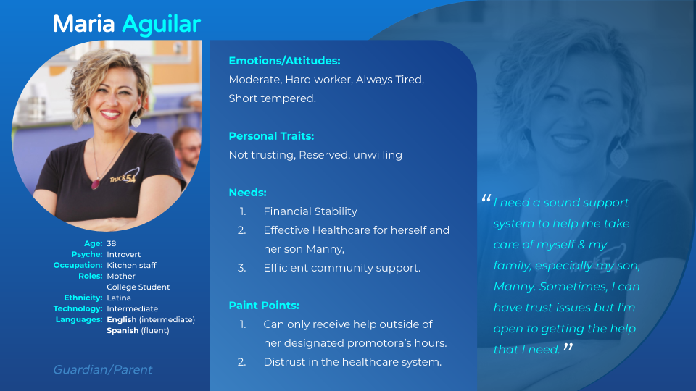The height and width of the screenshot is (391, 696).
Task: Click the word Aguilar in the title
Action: coord(161,25)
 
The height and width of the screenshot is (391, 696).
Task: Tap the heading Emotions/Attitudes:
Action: coord(284,61)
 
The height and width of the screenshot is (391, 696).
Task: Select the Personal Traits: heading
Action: coord(271,136)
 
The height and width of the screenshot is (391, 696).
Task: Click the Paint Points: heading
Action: coord(264,306)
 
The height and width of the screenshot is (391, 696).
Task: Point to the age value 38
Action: coord(112,243)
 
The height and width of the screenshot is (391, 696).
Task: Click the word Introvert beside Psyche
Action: coord(123,254)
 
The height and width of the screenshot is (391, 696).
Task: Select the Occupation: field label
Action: coord(78,265)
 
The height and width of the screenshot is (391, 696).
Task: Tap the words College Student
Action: coord(138,287)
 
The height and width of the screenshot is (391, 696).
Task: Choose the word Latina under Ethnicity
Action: coord(118,298)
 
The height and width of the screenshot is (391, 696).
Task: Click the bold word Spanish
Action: coord(123,331)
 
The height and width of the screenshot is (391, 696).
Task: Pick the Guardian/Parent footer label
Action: coord(102,370)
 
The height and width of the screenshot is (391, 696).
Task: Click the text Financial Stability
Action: coord(310,211)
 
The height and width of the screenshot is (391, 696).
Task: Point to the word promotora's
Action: coord(376,343)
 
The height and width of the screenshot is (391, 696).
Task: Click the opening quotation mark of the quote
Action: coord(486,198)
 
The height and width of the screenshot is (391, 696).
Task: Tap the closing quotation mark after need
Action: coord(568,347)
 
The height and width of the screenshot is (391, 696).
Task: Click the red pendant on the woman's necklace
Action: coord(95,183)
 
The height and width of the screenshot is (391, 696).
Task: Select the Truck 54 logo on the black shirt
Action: coord(124,177)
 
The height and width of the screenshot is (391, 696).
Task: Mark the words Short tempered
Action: coord(272,98)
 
